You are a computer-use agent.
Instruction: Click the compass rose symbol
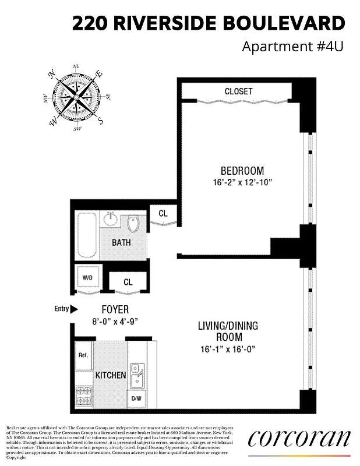click(76, 97)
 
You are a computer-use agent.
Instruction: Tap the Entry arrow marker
click(73, 309)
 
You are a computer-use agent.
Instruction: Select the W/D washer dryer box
click(89, 277)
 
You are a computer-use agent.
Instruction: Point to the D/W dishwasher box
click(136, 399)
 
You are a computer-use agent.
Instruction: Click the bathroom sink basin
click(110, 220)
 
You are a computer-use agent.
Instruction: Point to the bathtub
click(86, 235)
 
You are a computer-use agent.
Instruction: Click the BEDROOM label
click(242, 171)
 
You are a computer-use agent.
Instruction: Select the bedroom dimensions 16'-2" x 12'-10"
click(242, 182)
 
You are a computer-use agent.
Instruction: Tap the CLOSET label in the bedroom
click(239, 91)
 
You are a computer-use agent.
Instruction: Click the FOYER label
click(115, 310)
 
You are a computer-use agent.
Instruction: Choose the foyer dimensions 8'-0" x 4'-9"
click(115, 321)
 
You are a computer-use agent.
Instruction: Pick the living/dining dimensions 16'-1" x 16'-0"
click(227, 349)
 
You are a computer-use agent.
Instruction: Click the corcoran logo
click(299, 438)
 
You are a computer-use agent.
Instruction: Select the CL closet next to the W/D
click(128, 282)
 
